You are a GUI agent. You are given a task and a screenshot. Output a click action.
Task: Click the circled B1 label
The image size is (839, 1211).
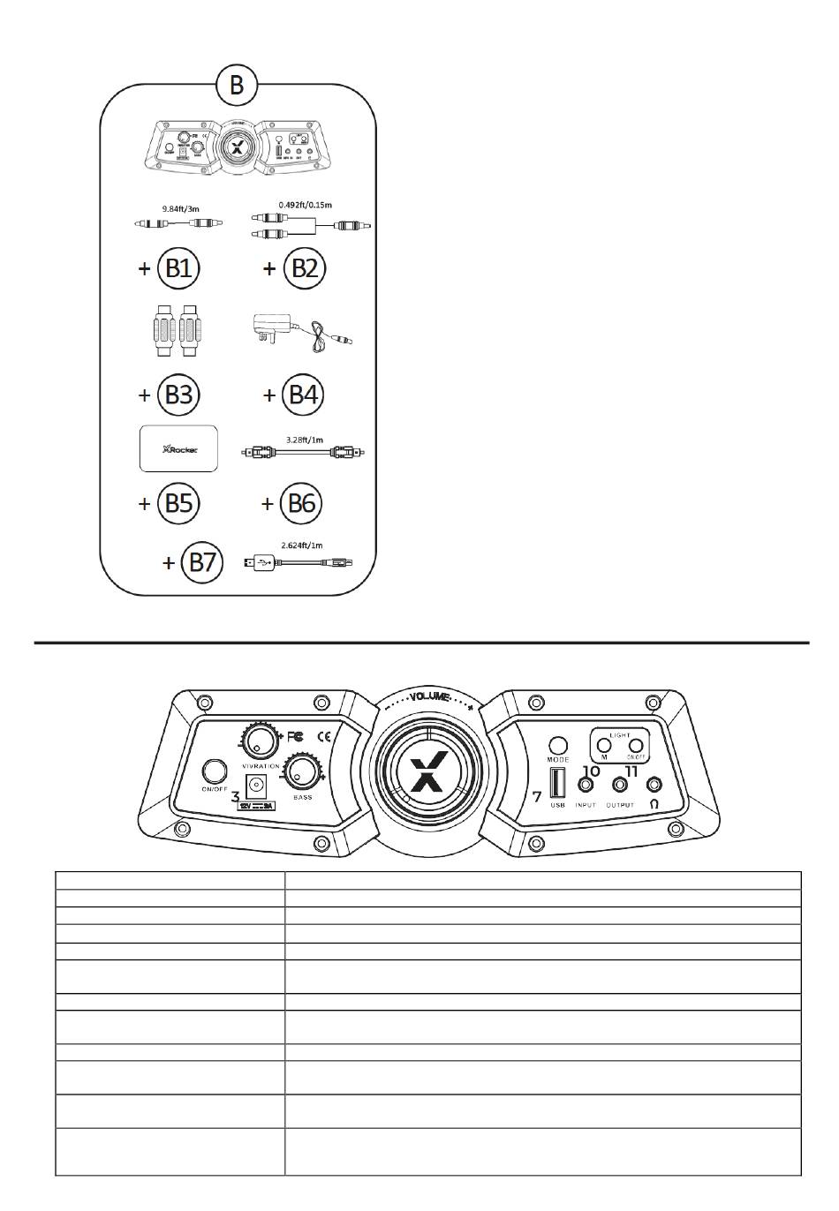178,268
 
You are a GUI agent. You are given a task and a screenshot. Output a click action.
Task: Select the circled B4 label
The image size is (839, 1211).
303,395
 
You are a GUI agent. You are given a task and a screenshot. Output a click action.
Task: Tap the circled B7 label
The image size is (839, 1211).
202,562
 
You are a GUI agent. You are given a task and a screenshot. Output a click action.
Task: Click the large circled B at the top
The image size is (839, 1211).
237,86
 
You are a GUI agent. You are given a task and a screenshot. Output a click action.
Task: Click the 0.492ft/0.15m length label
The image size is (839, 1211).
305,204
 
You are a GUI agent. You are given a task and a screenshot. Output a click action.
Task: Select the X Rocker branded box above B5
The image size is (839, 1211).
180,448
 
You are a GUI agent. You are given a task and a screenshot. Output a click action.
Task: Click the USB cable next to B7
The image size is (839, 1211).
300,561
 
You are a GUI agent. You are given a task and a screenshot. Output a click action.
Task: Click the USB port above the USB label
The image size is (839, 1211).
558,783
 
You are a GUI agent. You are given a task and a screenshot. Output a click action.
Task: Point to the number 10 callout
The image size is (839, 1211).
591,771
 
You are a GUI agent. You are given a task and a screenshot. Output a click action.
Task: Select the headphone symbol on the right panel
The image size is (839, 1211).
654,804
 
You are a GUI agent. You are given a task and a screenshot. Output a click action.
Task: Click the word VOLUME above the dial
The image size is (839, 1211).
430,697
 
